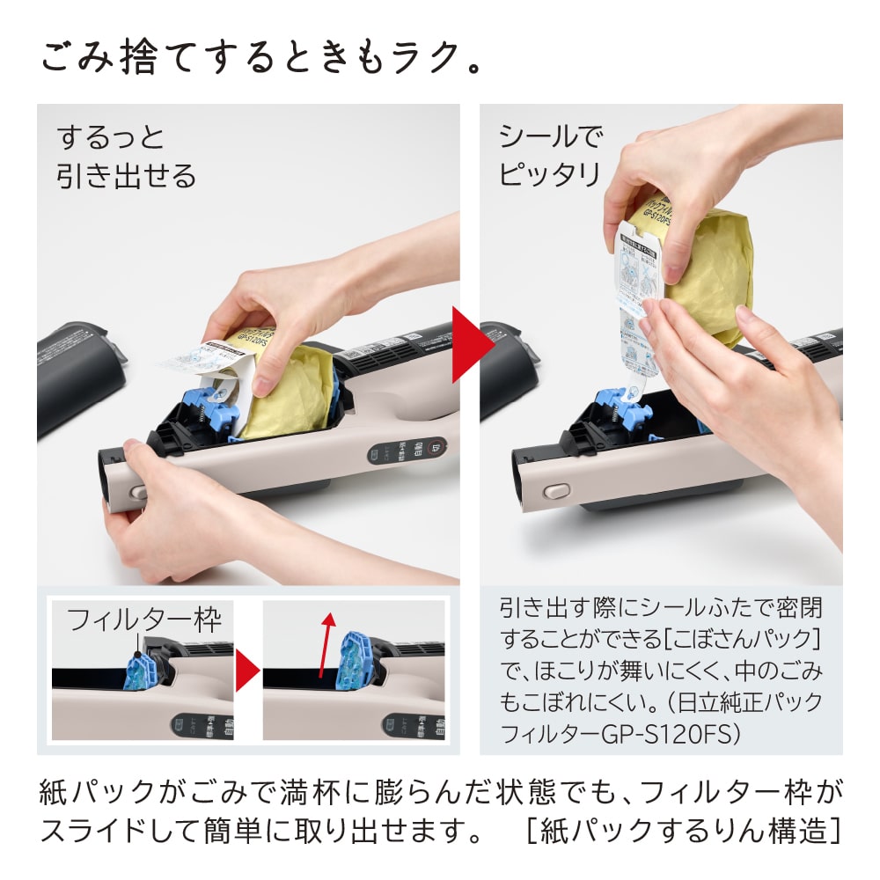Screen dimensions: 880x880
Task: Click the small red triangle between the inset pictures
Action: click(x=247, y=671)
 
